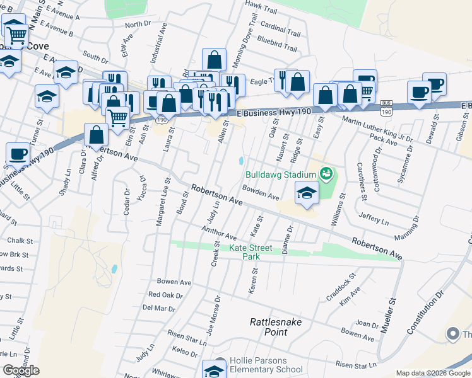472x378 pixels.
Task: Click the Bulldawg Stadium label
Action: click(280, 174)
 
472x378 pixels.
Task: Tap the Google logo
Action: click(21, 370)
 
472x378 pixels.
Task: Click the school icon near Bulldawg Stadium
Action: click(306, 193)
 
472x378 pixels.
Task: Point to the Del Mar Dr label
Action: click(158, 308)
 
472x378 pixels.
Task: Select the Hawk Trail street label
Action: click(261, 11)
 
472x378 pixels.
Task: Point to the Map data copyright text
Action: click(433, 373)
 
